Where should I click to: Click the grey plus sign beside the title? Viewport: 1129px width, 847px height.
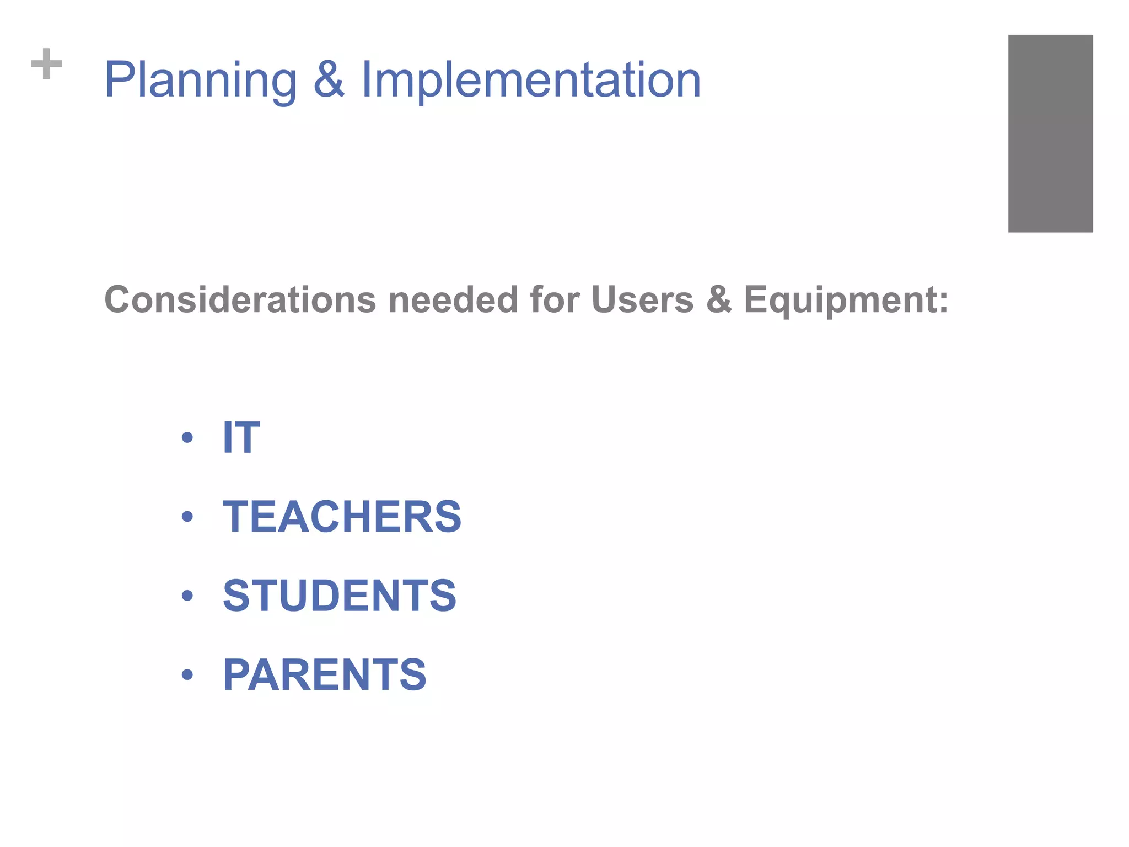tap(46, 64)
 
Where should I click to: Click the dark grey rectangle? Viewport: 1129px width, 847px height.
tap(1050, 133)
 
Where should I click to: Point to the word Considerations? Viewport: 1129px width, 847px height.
tap(240, 300)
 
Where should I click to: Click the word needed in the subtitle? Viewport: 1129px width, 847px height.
tap(453, 300)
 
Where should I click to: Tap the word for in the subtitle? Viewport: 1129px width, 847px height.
tap(555, 300)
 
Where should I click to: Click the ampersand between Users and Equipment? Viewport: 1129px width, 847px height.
tap(719, 300)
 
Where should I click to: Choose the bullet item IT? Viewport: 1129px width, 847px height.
tap(241, 437)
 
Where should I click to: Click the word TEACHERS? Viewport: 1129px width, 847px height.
tap(342, 517)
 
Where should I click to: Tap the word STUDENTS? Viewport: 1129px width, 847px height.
tap(340, 596)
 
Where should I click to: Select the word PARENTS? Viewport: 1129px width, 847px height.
tap(325, 674)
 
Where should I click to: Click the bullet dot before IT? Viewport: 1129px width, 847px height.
tap(187, 438)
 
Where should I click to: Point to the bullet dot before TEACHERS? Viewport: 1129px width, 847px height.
tap(187, 517)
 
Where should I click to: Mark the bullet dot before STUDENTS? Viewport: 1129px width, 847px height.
tap(187, 596)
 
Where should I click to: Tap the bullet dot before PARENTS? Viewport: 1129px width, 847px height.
tap(187, 674)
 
